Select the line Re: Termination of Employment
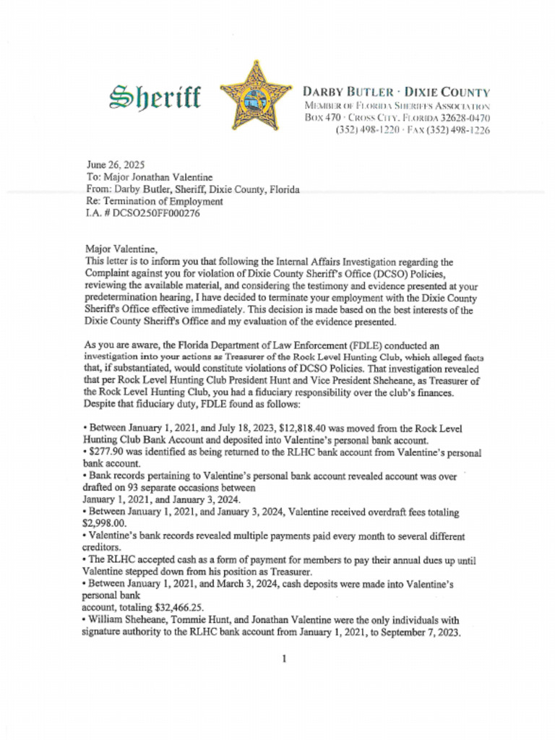(155, 202)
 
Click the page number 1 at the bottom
(285, 658)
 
